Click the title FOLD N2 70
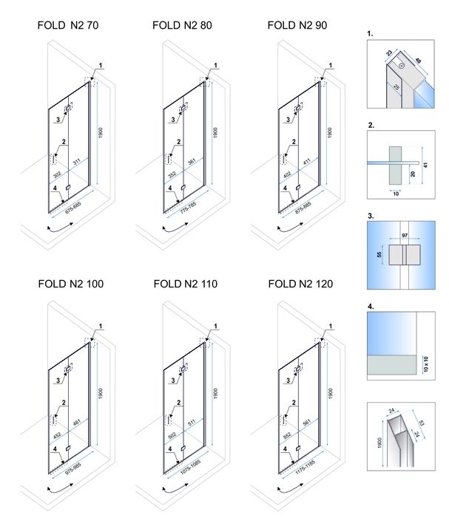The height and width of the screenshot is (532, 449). [x=68, y=25]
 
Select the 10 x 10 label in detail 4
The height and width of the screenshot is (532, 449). [x=425, y=365]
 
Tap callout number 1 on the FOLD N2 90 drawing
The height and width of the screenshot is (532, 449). [x=331, y=66]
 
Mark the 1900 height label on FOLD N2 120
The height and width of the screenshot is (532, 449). [x=330, y=390]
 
